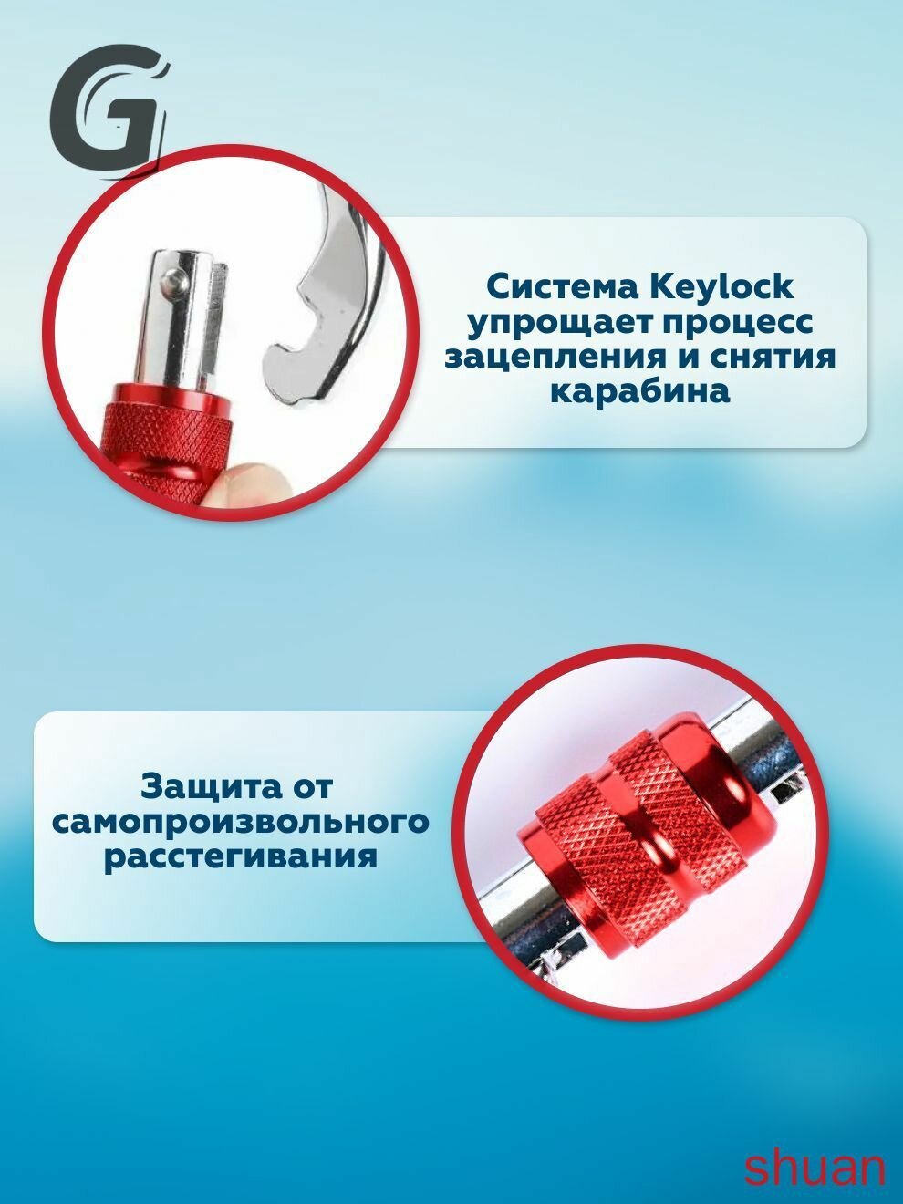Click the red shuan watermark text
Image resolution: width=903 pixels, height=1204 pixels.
click(815, 1168)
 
